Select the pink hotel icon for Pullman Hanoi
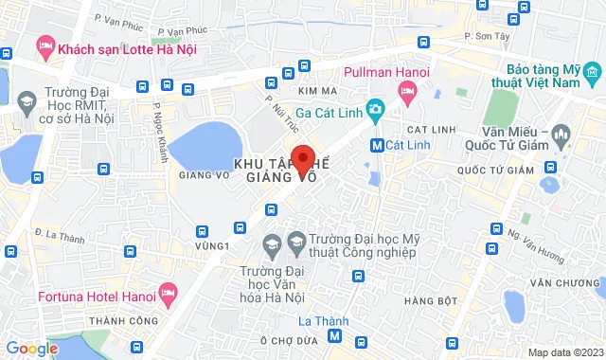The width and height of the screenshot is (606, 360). click(x=408, y=92)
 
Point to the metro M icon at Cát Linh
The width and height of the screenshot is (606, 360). click(x=378, y=146)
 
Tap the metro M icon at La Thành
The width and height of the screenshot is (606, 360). click(x=334, y=337)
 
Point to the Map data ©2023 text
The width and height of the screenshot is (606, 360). click(x=564, y=352)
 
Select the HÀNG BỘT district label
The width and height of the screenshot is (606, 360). click(x=424, y=301)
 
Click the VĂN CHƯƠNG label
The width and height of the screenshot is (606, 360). click(x=561, y=283)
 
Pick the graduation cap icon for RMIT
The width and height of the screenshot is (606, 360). click(x=26, y=101)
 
